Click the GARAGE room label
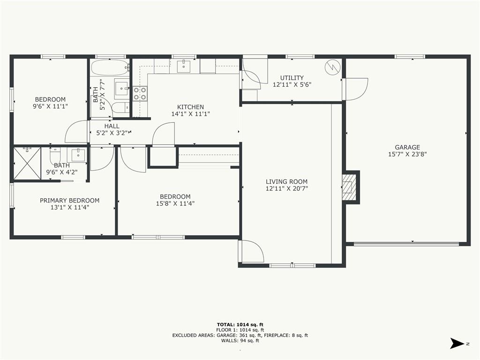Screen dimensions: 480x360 pyautogui.click(x=407, y=147)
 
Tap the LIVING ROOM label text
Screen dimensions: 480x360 pyautogui.click(x=286, y=181)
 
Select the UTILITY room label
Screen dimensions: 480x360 pyautogui.click(x=292, y=78)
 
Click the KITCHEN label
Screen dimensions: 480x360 pyautogui.click(x=190, y=107)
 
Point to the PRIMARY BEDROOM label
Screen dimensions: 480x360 pyautogui.click(x=69, y=201)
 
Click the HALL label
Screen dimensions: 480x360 pyautogui.click(x=112, y=126)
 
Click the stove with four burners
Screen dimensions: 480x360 pyautogui.click(x=140, y=94)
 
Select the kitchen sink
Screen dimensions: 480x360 pyautogui.click(x=184, y=67)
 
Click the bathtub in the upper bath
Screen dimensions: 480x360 pyautogui.click(x=110, y=67)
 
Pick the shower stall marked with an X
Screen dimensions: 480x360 pyautogui.click(x=27, y=164)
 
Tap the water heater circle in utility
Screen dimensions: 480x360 pyautogui.click(x=332, y=67)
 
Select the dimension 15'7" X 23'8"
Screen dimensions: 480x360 pyautogui.click(x=407, y=154)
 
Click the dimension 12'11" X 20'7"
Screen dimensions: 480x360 pyautogui.click(x=286, y=188)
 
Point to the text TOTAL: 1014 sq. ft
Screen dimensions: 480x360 pyautogui.click(x=240, y=325)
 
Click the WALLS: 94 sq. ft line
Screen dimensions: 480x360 pyautogui.click(x=240, y=340)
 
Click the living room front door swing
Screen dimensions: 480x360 pyautogui.click(x=251, y=251)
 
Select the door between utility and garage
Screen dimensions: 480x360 pyautogui.click(x=355, y=89)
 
